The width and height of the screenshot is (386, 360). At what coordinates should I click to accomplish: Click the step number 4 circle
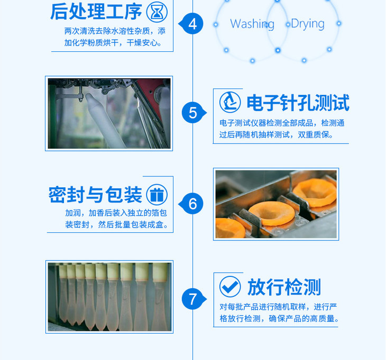[192, 24]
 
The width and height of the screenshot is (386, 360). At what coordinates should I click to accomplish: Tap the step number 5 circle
[194, 113]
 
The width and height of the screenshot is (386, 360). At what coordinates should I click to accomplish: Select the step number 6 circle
[192, 204]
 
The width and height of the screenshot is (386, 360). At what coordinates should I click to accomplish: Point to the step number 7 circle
[194, 299]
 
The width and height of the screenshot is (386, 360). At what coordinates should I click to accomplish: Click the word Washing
[252, 24]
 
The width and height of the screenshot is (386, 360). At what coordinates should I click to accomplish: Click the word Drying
[308, 24]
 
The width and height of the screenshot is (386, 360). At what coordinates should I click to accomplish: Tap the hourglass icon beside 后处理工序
[157, 12]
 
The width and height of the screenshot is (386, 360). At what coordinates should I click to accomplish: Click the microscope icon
[230, 102]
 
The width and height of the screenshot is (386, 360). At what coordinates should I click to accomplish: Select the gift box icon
[157, 194]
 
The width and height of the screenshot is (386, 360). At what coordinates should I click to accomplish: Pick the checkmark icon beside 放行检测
[230, 286]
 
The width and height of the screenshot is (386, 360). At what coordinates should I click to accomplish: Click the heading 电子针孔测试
[298, 103]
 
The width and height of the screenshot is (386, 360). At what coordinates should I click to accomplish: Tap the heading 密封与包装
[95, 195]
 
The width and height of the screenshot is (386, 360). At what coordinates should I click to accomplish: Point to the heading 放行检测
[284, 287]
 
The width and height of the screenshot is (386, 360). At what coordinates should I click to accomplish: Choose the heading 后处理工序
[96, 12]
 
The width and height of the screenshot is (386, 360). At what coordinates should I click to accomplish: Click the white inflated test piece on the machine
[105, 121]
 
